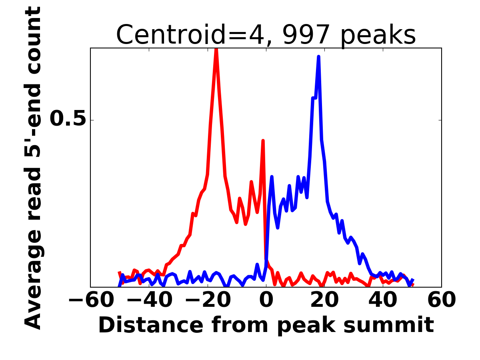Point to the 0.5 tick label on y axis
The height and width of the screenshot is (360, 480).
point(68,119)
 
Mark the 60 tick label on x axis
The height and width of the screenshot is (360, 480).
point(442,300)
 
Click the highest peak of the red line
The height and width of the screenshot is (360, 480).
point(216,50)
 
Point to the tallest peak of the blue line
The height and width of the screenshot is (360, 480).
point(319,57)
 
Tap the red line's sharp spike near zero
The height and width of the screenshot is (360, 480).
point(263,140)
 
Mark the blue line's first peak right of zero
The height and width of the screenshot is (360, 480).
point(272,176)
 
